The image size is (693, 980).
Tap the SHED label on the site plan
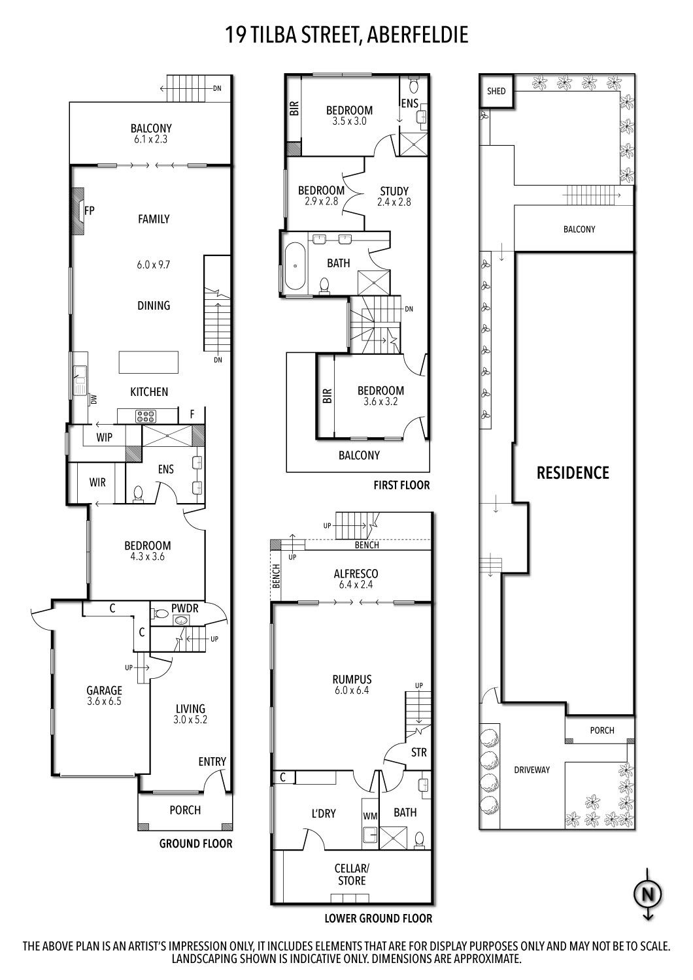click(496, 91)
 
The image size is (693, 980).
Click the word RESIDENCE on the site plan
click(573, 472)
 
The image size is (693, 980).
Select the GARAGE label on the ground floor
click(105, 690)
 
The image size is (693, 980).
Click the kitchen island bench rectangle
click(148, 361)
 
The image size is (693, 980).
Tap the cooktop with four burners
click(144, 415)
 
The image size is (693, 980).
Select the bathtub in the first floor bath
click(297, 266)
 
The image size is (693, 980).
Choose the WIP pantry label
click(104, 438)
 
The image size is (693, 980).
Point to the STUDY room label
click(394, 191)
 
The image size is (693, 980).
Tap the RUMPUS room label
click(352, 679)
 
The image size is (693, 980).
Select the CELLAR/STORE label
click(352, 874)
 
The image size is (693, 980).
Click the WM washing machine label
click(370, 816)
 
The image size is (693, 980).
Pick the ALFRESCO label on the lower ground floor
click(356, 574)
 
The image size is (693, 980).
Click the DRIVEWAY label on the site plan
click(532, 770)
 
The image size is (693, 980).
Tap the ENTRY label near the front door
click(212, 761)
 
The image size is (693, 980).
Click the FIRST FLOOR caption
click(401, 485)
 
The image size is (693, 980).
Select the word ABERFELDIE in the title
click(418, 34)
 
